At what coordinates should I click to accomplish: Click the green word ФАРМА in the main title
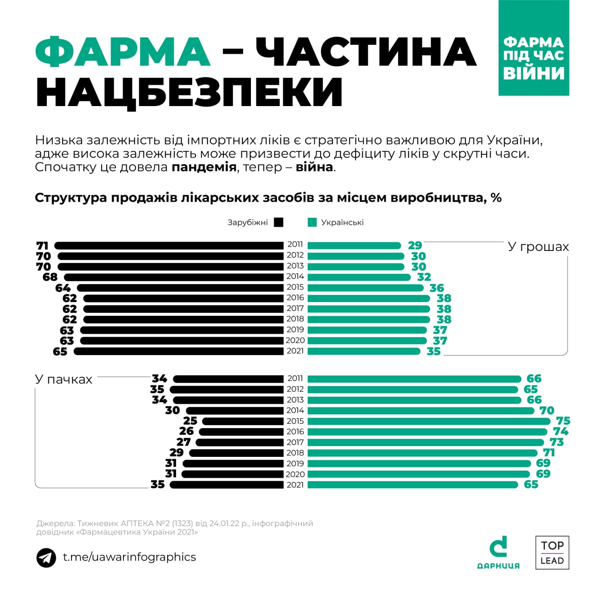tap(123, 52)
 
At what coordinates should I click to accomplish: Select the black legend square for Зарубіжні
tap(278, 223)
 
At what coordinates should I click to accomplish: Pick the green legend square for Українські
tap(312, 223)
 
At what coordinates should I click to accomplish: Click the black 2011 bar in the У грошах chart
tap(169, 245)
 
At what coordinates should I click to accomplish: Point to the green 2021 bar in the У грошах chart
tap(364, 351)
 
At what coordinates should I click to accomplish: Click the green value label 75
tap(563, 421)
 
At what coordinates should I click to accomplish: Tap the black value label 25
tap(190, 421)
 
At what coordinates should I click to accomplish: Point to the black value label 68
tap(50, 277)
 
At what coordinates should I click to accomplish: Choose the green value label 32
tap(424, 277)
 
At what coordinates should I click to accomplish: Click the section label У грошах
tap(538, 247)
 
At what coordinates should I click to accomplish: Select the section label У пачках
tap(63, 380)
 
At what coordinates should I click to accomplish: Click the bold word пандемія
tap(204, 167)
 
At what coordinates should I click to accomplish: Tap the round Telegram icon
tap(46, 558)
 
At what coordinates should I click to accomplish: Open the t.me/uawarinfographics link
tap(129, 557)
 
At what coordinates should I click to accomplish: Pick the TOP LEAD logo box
tap(552, 553)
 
